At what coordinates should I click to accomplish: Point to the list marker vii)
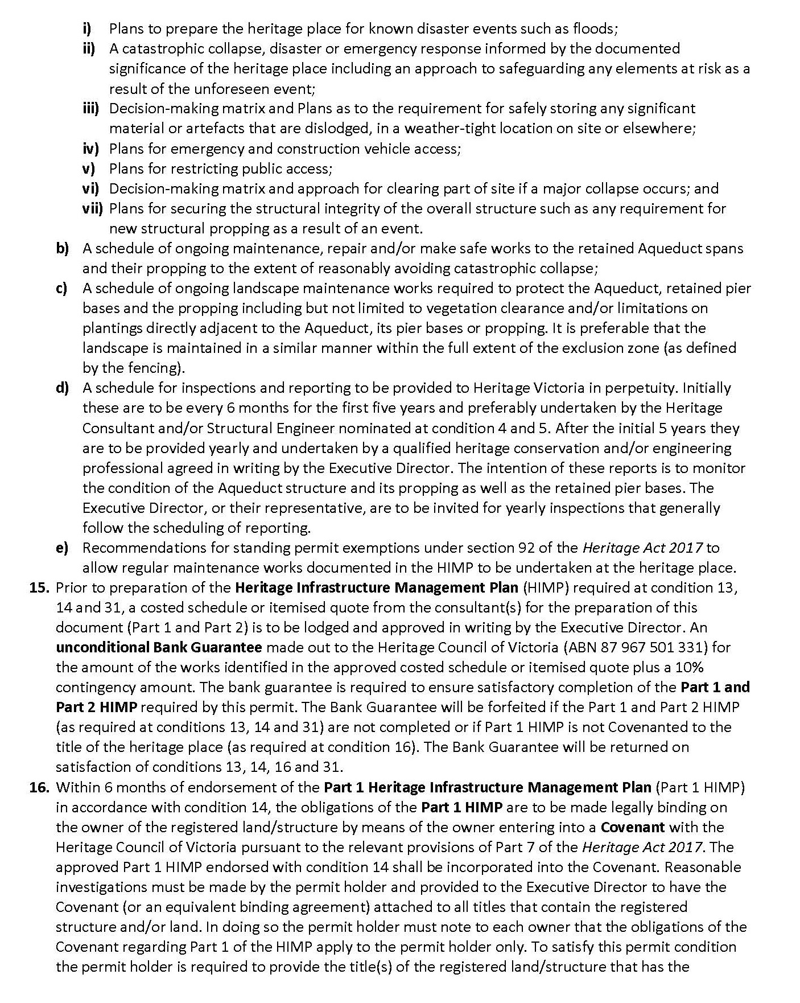[x=93, y=208]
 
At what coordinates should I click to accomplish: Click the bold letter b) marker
[x=62, y=248]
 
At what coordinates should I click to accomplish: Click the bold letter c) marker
[x=61, y=288]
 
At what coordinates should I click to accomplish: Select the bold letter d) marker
[x=62, y=388]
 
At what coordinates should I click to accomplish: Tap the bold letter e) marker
[x=62, y=548]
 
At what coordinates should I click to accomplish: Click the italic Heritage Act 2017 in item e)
[x=642, y=548]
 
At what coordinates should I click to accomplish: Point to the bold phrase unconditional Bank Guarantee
[x=159, y=647]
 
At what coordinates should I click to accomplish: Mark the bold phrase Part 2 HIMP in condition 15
[x=96, y=708]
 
